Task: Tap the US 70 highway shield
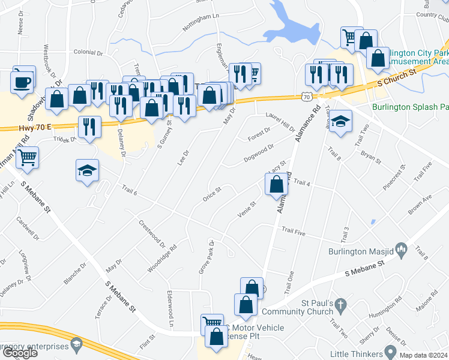click(306, 96)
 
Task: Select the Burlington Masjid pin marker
click(402, 248)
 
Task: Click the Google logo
click(20, 353)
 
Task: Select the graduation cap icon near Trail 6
click(87, 170)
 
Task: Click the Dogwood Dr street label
click(259, 152)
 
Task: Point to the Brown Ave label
click(420, 206)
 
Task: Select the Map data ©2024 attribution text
click(421, 354)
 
